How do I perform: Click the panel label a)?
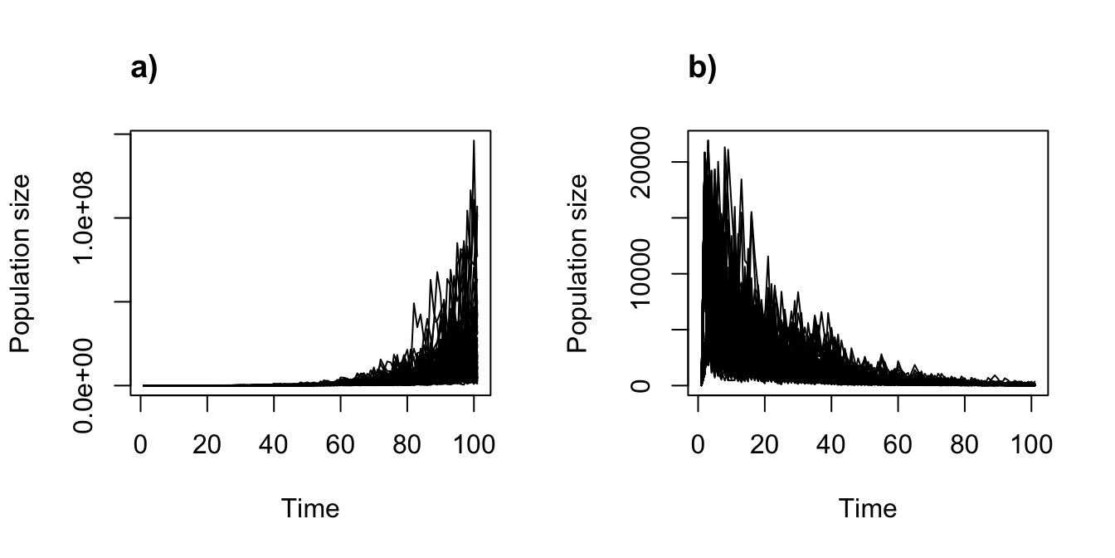(x=144, y=68)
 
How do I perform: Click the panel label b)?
(x=702, y=68)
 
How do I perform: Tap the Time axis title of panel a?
(x=310, y=508)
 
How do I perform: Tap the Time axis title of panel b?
(x=868, y=508)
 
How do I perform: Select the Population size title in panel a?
(x=20, y=263)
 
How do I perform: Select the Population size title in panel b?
(x=577, y=263)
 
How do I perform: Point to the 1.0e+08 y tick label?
(x=85, y=218)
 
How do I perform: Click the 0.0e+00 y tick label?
(x=85, y=386)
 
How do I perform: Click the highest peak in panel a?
(x=474, y=141)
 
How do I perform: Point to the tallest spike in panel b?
(x=708, y=140)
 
